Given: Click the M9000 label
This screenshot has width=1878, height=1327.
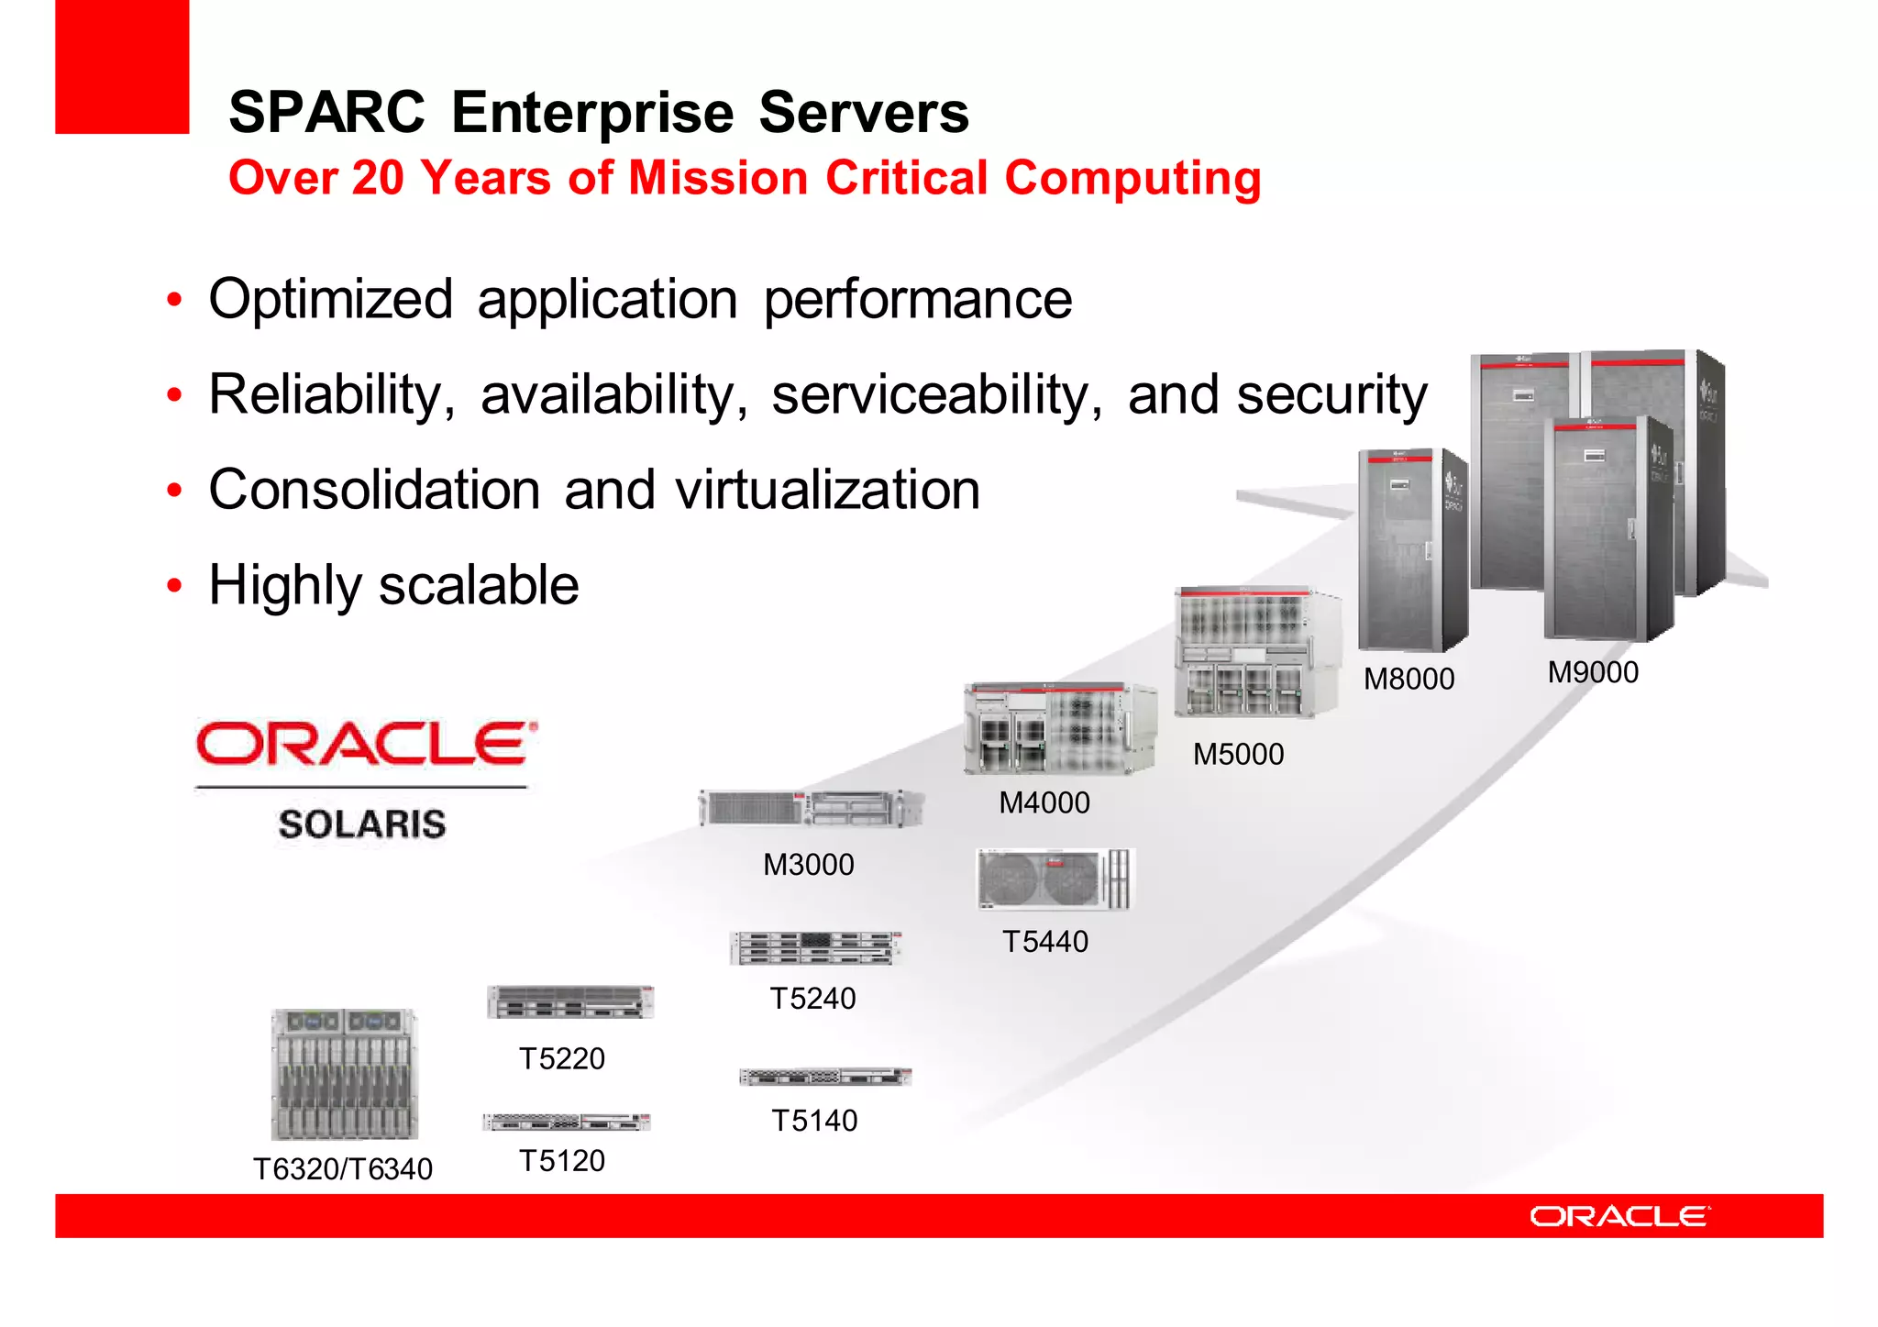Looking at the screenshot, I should [x=1593, y=672].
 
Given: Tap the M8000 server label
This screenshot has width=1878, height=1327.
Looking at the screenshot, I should [x=1408, y=679].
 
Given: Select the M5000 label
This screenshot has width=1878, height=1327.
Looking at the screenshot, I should [x=1238, y=754].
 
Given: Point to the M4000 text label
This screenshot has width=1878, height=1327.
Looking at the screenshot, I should [x=1044, y=802].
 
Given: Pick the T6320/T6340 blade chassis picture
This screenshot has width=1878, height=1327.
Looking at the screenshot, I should [x=344, y=1074].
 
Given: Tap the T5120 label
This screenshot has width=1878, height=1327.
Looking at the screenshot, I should [x=562, y=1161].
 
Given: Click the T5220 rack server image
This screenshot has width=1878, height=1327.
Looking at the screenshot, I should [x=570, y=1002].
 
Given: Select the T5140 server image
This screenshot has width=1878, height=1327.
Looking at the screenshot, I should [x=825, y=1077].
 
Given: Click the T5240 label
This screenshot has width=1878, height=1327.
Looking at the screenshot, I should [x=812, y=998].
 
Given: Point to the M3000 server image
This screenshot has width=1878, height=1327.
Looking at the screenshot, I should [x=811, y=808].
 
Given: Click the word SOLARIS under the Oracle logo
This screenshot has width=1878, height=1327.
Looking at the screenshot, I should [x=362, y=824].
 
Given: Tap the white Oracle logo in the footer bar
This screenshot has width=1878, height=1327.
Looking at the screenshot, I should [x=1619, y=1216].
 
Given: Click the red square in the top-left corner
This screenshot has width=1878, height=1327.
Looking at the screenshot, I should [x=122, y=66].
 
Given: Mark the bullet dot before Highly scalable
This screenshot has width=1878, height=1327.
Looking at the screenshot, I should [x=174, y=585].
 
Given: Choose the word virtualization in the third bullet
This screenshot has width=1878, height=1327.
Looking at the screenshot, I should [x=828, y=490].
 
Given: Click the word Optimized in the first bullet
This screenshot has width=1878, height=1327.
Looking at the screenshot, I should [x=331, y=299].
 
